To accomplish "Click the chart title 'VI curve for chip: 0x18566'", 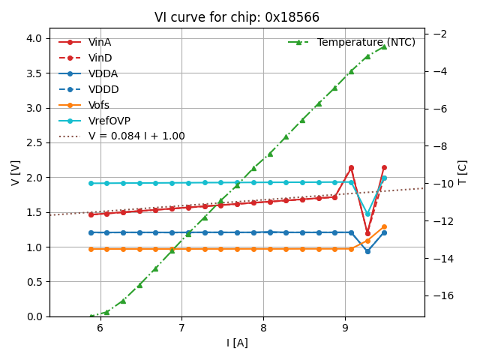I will [x=236, y=17].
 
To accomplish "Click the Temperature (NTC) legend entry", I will [x=366, y=42].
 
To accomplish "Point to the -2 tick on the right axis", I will [x=440, y=34].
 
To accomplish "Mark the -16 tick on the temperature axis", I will [x=442, y=295].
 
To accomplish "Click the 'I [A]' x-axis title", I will [x=237, y=343].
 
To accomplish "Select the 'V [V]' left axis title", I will [x=15, y=172].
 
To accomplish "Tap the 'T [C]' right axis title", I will [x=462, y=172].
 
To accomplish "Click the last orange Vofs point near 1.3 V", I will [x=384, y=226].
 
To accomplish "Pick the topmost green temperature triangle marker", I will [x=384, y=46].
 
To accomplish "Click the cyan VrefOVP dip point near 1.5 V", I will [x=367, y=214].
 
